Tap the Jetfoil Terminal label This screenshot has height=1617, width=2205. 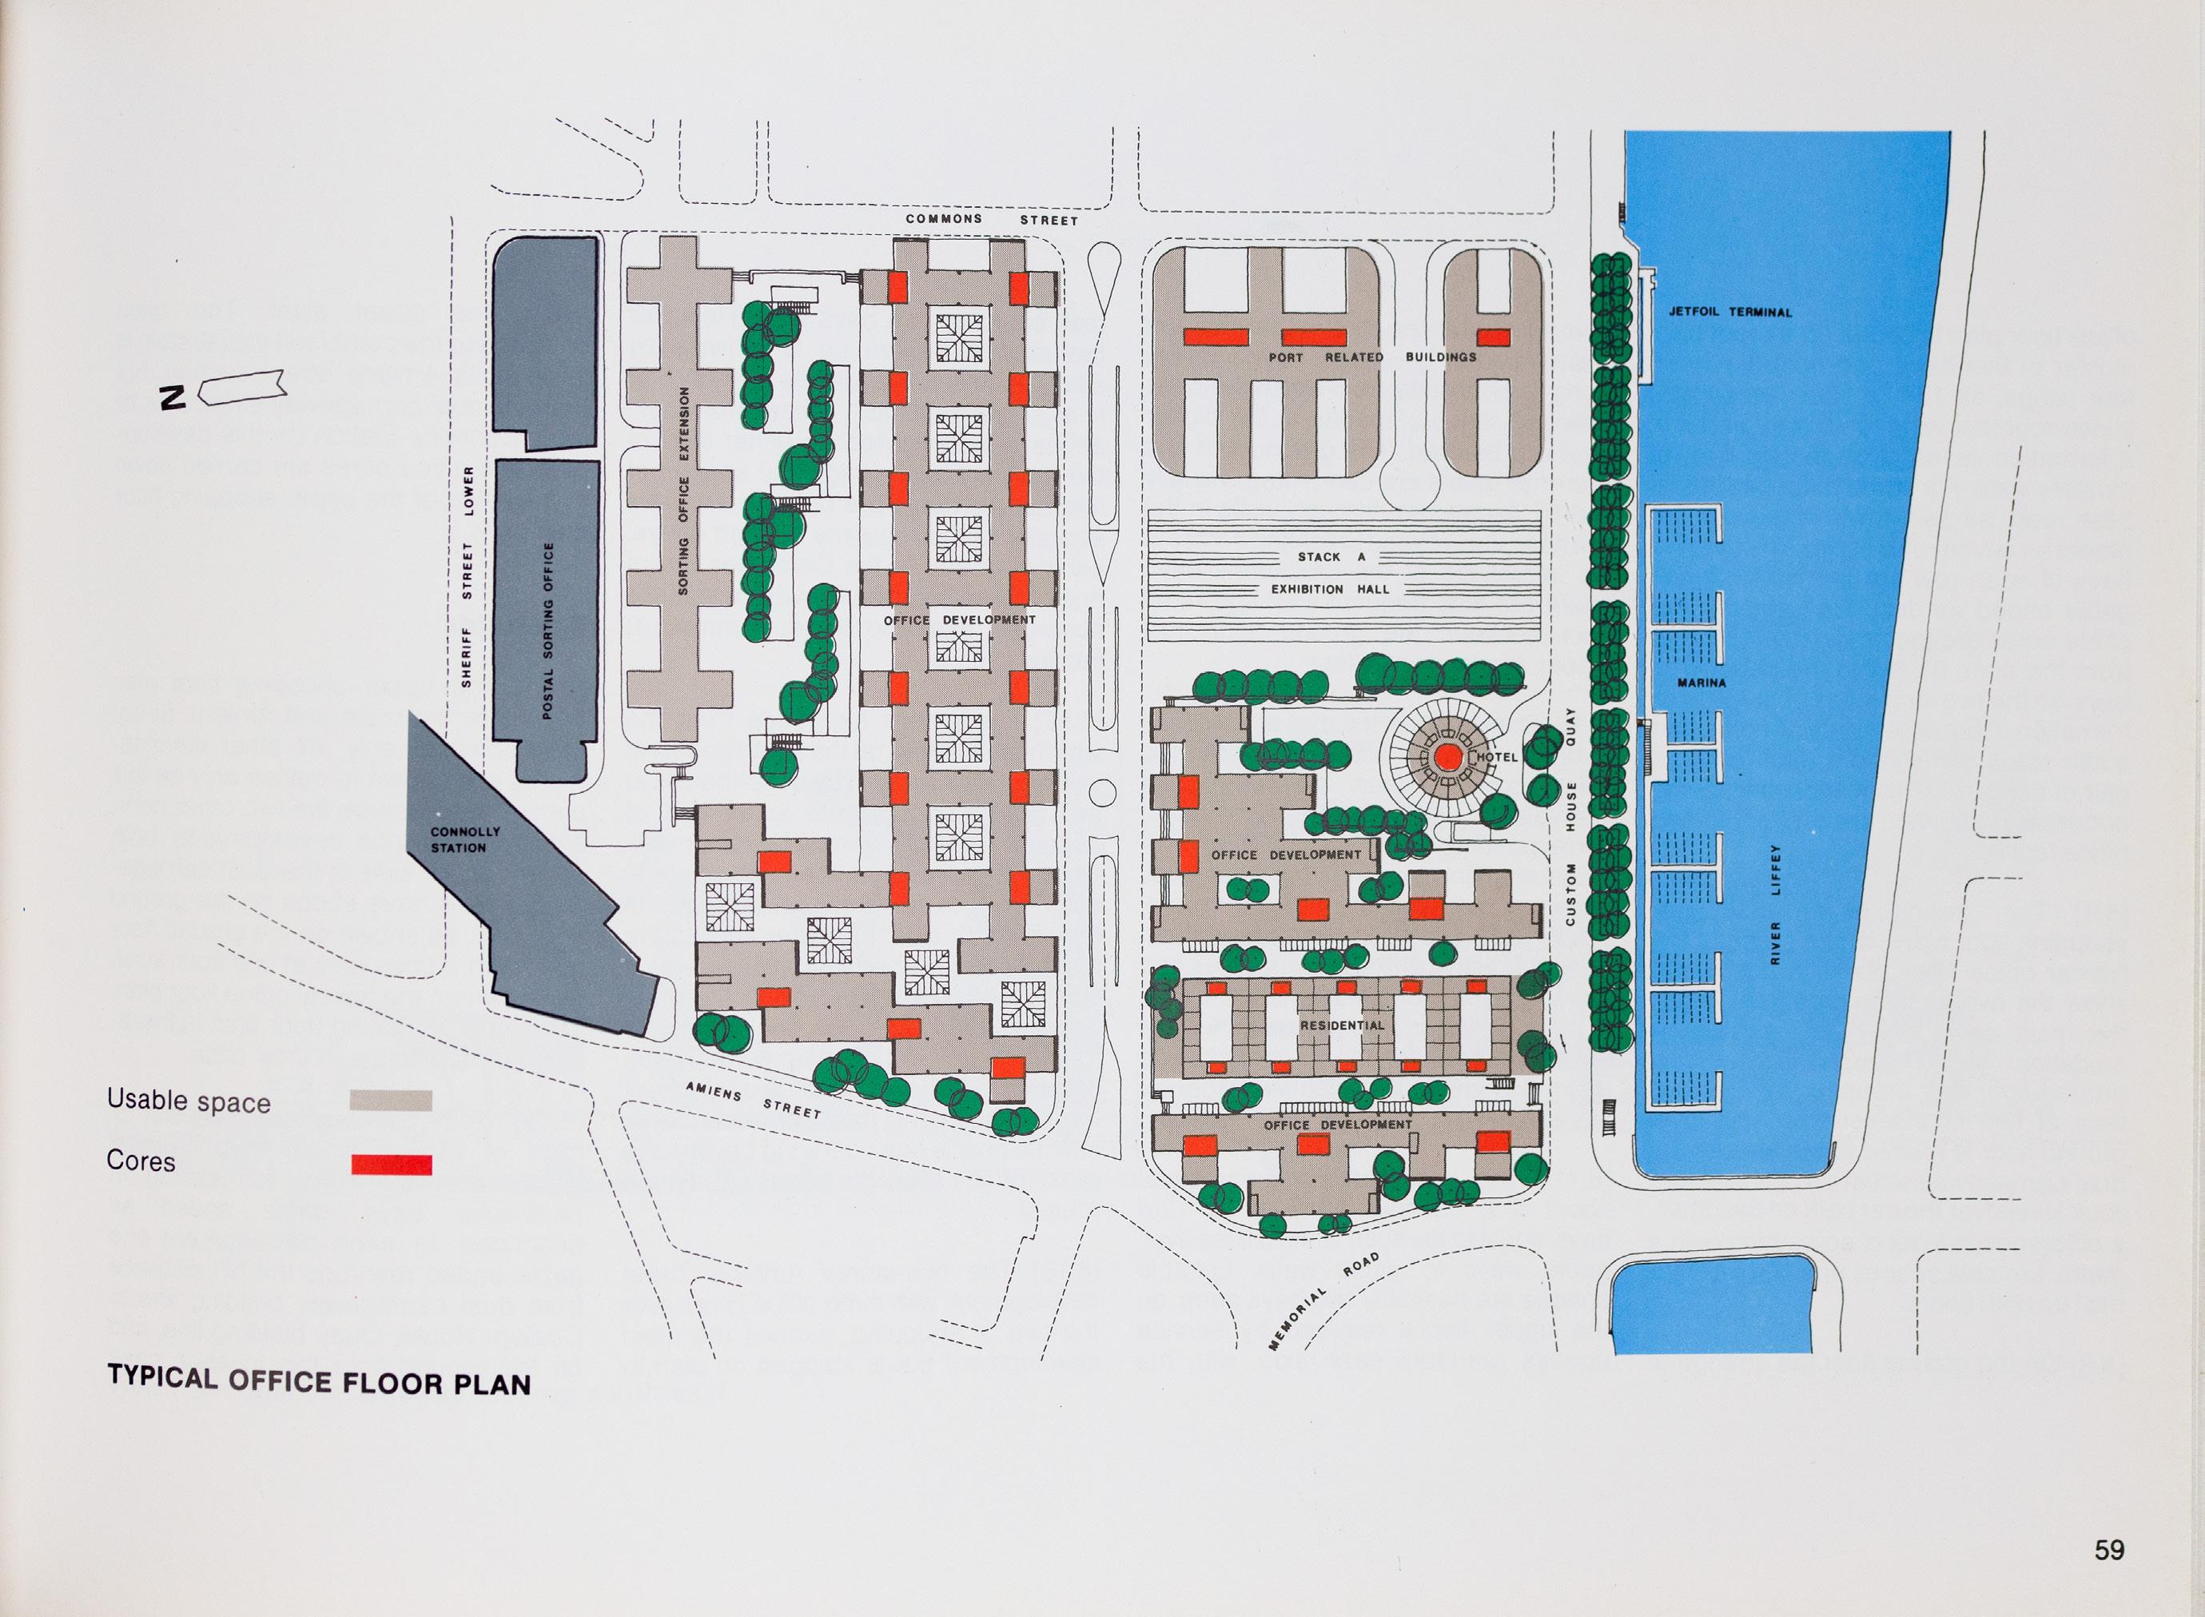pos(1730,313)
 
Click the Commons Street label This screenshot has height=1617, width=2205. pos(992,219)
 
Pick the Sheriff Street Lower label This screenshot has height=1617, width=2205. pos(468,576)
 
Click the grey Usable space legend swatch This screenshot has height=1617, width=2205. pos(391,1101)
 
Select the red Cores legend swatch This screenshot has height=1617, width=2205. pos(391,1165)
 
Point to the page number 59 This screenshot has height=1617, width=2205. pos(2109,1551)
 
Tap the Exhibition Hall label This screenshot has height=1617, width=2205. pos(1330,589)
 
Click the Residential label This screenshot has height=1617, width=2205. pos(1342,1026)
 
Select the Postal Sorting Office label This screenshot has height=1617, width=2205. pos(547,631)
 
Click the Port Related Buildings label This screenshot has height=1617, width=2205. pos(1372,357)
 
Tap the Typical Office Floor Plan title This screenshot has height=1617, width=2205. pos(319,1381)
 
